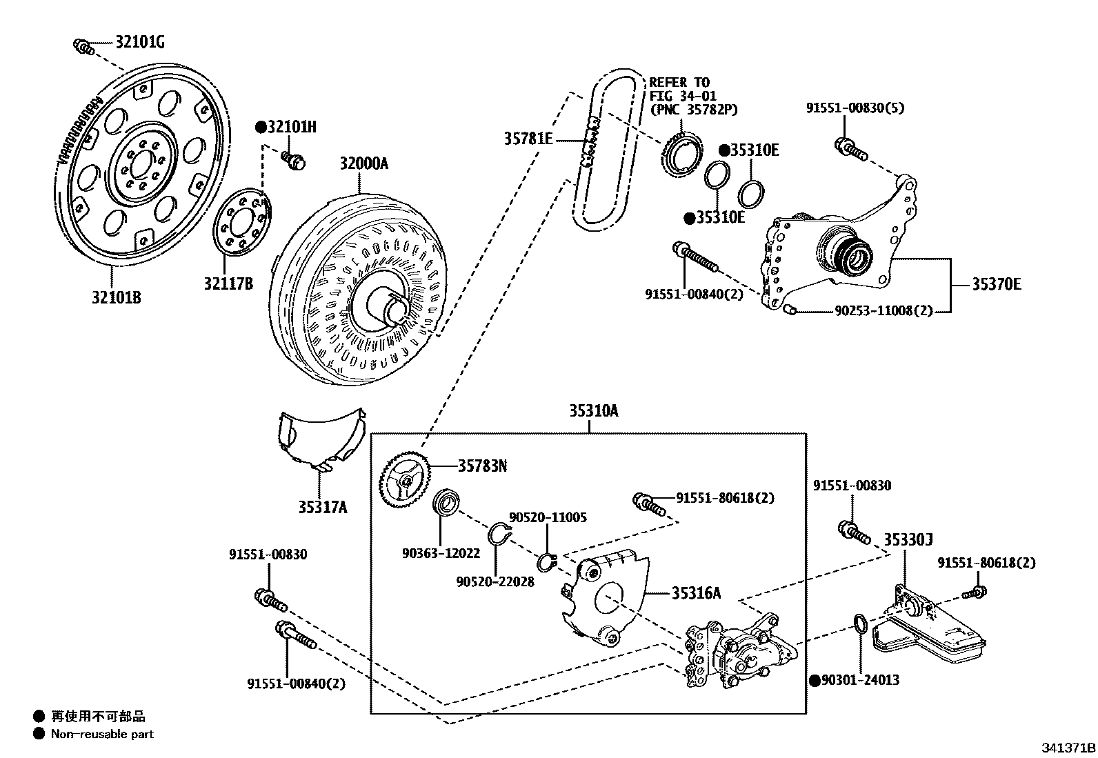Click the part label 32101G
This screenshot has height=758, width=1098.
point(139,43)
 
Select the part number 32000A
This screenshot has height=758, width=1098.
point(363,163)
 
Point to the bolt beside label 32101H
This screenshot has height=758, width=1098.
point(295,161)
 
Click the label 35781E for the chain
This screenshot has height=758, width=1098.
point(528,139)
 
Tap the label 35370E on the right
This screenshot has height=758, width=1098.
point(996,283)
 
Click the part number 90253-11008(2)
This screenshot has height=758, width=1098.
point(883,311)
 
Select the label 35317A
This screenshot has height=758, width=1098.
point(322,508)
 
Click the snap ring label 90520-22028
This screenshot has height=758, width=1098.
point(495,581)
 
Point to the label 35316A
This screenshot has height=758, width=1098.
point(697,592)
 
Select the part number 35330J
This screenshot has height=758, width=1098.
point(908,540)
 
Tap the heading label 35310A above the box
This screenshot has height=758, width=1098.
point(594,411)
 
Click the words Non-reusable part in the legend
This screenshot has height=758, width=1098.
point(102,734)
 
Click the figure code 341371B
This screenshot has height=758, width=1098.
point(1068,748)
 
